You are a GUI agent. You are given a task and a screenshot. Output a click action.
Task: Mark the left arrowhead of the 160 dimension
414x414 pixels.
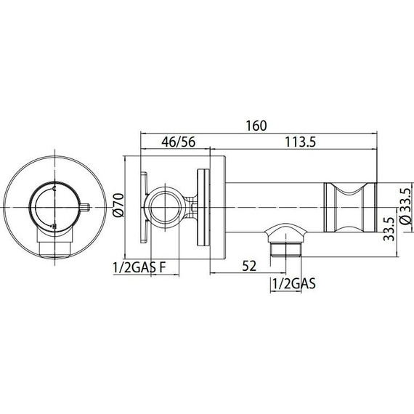tap(142, 133)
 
